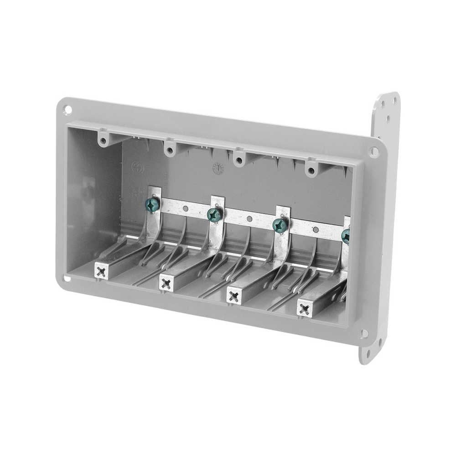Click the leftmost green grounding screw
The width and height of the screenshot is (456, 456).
(x=152, y=205)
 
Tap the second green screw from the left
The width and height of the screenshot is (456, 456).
(x=214, y=214)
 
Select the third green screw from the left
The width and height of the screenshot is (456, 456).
(x=280, y=225)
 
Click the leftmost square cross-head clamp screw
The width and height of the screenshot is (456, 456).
(x=101, y=272)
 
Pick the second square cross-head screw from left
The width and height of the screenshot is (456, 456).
(x=166, y=284)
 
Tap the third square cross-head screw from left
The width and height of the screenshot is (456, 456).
(x=234, y=296)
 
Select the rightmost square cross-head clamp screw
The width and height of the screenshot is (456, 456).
(x=305, y=309)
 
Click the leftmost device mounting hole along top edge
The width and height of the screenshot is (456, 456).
(x=104, y=140)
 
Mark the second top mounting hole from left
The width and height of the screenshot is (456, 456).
(x=170, y=150)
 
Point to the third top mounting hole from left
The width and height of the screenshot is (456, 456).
(x=238, y=161)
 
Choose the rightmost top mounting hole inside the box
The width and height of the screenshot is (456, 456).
(x=311, y=171)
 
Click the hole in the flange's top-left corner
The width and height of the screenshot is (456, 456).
(x=67, y=109)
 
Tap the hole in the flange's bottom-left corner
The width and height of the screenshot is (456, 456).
(x=67, y=278)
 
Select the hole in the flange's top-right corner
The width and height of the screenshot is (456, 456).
(x=374, y=151)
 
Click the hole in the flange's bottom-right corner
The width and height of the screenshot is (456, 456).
(x=363, y=333)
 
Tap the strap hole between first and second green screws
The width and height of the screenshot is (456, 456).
(x=185, y=209)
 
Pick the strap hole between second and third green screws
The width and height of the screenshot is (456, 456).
(x=249, y=219)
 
